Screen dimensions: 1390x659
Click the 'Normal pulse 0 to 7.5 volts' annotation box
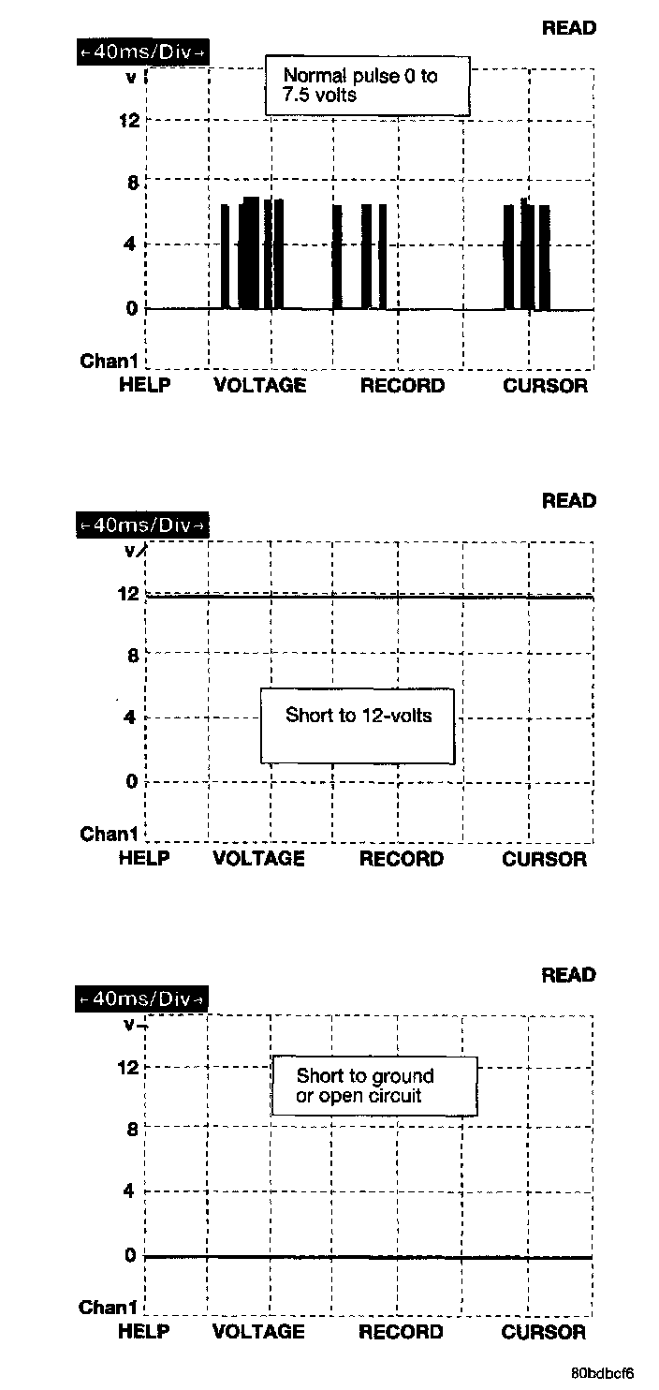coord(365,86)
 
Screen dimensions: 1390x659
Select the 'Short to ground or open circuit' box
coord(373,1087)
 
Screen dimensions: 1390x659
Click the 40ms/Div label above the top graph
coord(142,52)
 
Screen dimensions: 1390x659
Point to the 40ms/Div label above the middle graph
coord(142,525)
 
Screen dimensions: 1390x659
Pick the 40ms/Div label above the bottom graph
coord(142,999)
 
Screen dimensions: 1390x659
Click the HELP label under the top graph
coord(145,385)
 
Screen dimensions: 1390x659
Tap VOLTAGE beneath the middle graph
coord(259,859)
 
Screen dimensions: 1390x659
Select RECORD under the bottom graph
coord(402,1332)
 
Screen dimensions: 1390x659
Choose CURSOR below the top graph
coord(546,385)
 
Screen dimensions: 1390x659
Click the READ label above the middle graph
coord(568,502)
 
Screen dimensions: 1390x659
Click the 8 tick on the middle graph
coord(133,656)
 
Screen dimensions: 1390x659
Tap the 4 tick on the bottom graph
coord(133,1191)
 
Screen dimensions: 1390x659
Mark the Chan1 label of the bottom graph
coord(110,1308)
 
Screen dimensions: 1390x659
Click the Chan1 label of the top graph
coord(110,362)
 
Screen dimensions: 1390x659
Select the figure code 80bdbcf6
coord(602,1374)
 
